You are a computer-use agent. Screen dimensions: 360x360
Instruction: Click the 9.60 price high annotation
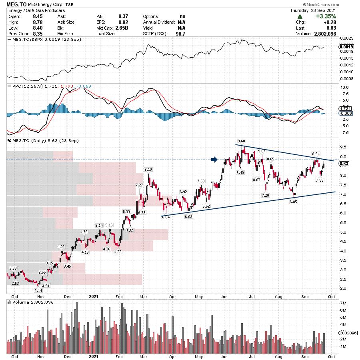pos(241,141)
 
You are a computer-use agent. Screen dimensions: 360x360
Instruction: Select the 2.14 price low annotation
pos(38,290)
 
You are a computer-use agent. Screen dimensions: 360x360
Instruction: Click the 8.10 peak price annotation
pos(148,169)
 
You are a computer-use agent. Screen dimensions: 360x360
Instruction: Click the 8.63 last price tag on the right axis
pos(344,164)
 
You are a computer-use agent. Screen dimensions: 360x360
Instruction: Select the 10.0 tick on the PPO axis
pos(344,87)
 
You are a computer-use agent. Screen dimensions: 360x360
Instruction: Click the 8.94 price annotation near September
pos(316,154)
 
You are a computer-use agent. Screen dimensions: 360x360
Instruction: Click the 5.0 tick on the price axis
pos(342,232)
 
